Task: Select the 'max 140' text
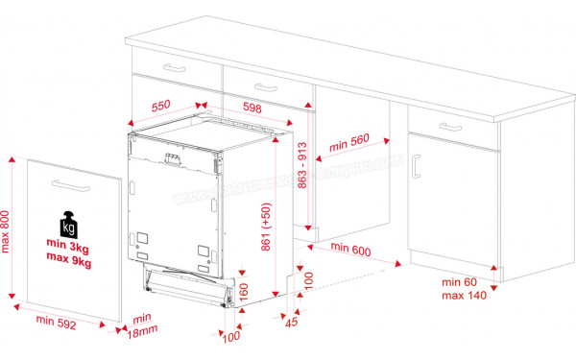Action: [464, 295]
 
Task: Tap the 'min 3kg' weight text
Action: [68, 247]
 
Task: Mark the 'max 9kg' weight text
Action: [68, 261]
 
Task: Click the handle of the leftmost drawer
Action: [175, 66]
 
